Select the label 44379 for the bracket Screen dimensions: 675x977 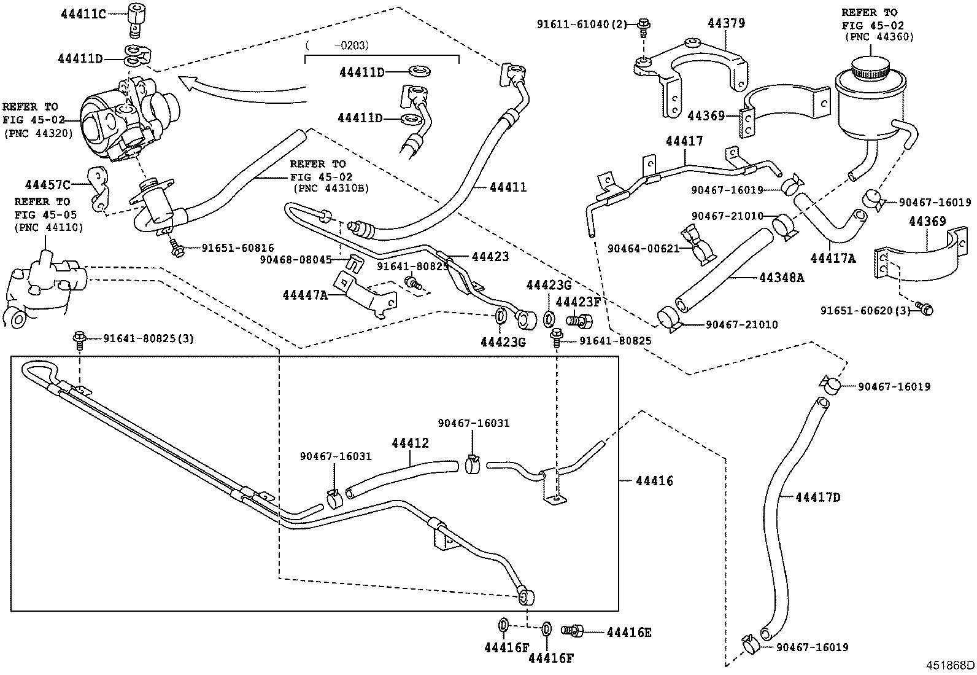pos(726,23)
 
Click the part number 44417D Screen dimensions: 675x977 pos(817,497)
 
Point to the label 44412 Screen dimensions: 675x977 pos(410,443)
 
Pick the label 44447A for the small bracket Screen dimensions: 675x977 pos(305,295)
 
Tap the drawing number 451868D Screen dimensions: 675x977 pos(950,665)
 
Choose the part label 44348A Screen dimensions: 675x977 pos(781,278)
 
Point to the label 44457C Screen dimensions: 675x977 pos(48,184)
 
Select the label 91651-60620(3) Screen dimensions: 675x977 pos(865,311)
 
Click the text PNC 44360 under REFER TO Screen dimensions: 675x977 pos(879,37)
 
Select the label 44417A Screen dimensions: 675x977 pos(832,259)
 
